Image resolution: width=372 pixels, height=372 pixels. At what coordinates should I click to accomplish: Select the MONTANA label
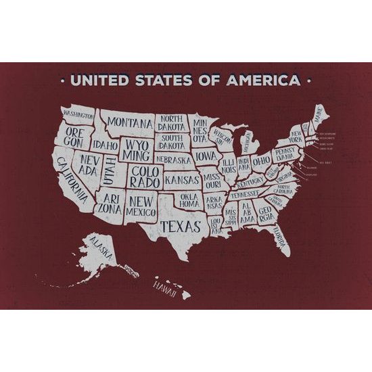pyautogui.click(x=130, y=122)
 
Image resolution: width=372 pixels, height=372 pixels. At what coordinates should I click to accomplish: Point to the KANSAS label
pyautogui.click(x=181, y=181)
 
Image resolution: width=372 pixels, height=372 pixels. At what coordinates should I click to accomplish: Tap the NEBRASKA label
pyautogui.click(x=173, y=160)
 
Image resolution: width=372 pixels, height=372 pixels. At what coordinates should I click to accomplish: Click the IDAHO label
pyautogui.click(x=105, y=145)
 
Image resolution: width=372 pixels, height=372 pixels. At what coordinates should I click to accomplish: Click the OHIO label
pyautogui.click(x=261, y=160)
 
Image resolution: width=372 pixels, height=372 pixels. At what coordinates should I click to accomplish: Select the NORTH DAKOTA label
pyautogui.click(x=173, y=122)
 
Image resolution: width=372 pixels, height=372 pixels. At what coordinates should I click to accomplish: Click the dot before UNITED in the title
pyautogui.click(x=63, y=81)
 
